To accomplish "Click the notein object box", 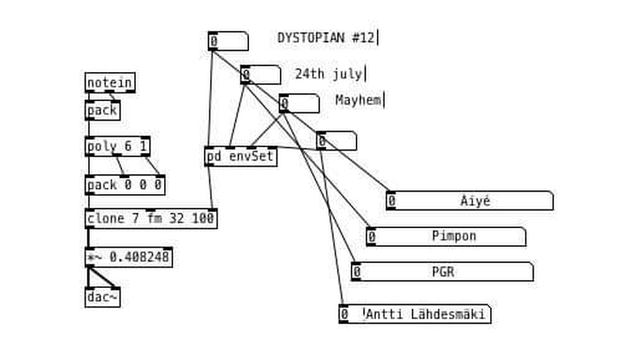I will [x=109, y=83].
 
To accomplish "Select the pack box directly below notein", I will [x=102, y=110].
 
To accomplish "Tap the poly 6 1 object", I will [x=117, y=146].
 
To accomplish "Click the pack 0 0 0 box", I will [x=125, y=185].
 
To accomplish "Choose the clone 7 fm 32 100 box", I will [x=150, y=218].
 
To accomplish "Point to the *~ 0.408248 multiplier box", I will [x=129, y=257].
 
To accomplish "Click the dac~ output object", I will [x=102, y=297].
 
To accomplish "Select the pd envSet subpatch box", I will [x=240, y=156].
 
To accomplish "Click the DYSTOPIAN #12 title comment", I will [x=326, y=37].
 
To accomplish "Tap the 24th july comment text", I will [x=328, y=74].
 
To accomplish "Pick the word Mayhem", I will [x=358, y=100].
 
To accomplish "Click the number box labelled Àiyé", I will [x=469, y=201].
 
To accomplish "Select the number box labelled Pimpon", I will [x=446, y=236].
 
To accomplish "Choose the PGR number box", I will [x=441, y=272].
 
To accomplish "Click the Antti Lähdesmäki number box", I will [x=414, y=314].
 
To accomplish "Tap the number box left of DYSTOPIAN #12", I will [x=228, y=41].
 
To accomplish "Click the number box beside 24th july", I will [x=260, y=75].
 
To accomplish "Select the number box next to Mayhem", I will [x=298, y=104].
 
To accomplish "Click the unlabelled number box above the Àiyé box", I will [x=336, y=142].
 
